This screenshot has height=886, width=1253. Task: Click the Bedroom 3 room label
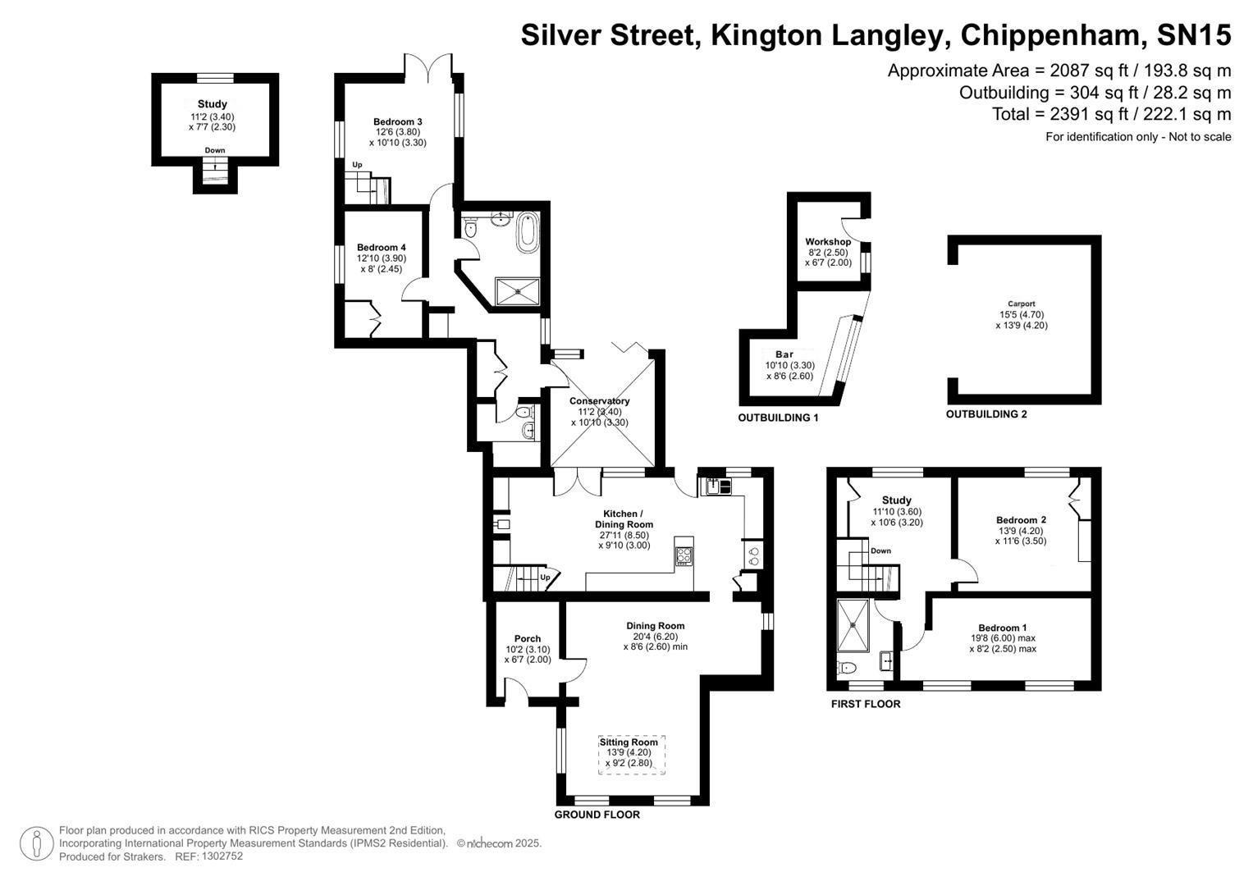(397, 121)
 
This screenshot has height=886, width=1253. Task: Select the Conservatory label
(599, 401)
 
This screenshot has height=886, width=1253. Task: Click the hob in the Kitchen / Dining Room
(684, 555)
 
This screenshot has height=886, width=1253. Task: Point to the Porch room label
(528, 638)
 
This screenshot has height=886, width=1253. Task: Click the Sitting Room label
(629, 742)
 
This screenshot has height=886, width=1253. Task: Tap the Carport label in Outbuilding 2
(1021, 304)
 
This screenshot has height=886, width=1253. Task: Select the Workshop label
(827, 242)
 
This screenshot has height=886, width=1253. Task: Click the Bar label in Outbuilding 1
(784, 354)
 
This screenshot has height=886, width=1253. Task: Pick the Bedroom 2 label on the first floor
(1021, 519)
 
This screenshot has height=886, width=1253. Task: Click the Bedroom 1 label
(1002, 628)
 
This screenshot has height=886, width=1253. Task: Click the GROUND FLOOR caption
(597, 815)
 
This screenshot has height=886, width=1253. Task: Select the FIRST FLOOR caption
(865, 704)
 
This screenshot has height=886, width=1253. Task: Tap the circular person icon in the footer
(35, 843)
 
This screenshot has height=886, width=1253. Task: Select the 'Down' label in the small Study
(215, 150)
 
